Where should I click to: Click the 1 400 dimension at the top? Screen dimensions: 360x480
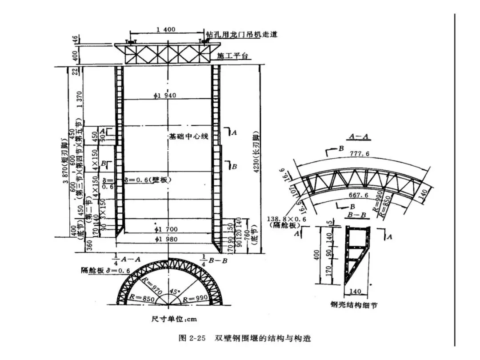click(166, 30)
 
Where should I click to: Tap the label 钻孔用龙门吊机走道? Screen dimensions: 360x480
click(241, 35)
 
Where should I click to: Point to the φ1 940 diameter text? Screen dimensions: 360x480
click(165, 96)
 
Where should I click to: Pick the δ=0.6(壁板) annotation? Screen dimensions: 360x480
click(148, 180)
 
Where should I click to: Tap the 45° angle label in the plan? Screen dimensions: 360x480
click(176, 292)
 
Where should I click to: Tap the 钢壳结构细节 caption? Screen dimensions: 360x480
click(354, 305)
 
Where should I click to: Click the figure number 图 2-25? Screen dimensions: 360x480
click(192, 338)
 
